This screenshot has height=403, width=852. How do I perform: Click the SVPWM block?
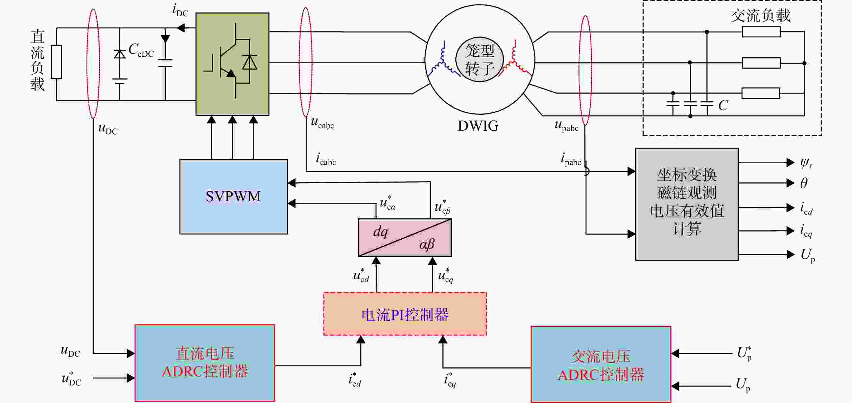(234, 196)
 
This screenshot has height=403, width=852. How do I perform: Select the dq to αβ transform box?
(405, 238)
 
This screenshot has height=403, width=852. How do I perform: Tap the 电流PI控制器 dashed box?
(405, 314)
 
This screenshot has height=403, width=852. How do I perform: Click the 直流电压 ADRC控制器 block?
(205, 363)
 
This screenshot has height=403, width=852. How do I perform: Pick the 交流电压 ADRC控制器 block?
(601, 364)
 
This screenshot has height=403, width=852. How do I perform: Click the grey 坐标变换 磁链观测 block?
(687, 204)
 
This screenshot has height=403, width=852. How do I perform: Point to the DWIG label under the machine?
(478, 126)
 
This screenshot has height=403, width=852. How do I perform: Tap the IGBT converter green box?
(233, 64)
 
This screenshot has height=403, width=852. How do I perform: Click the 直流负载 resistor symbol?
(56, 62)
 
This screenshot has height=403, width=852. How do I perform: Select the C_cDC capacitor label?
(141, 50)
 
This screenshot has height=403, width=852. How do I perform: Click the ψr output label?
(806, 163)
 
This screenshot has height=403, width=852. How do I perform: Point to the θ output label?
(804, 183)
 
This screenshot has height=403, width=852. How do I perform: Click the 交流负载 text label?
(760, 16)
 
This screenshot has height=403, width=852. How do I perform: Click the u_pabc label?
(566, 126)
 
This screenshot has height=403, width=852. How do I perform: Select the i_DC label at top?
(180, 10)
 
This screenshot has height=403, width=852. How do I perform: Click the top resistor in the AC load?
(761, 32)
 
